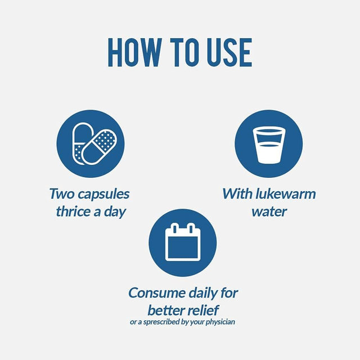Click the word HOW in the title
[135, 52]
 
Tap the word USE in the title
[229, 52]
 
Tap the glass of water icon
[269, 146]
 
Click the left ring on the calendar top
[175, 228]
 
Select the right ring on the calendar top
[191, 228]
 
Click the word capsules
[103, 194]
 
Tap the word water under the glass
[269, 211]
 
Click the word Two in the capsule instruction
[62, 193]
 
